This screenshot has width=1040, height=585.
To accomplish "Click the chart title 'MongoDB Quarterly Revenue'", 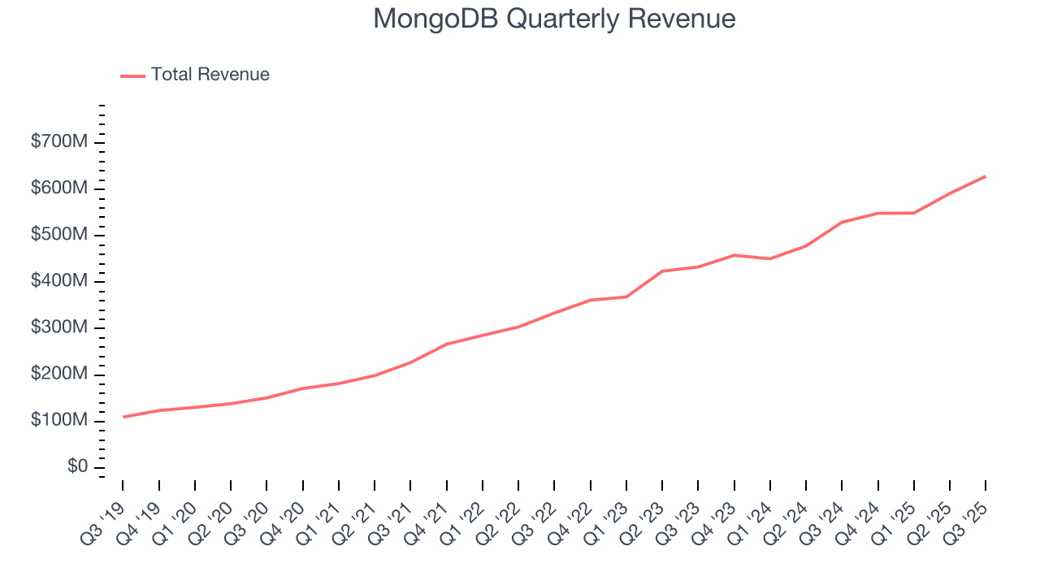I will (x=554, y=19).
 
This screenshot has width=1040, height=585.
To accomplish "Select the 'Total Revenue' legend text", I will (x=210, y=75).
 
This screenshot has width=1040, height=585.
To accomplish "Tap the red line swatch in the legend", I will (x=132, y=76).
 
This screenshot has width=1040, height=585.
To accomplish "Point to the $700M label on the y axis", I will (x=58, y=142).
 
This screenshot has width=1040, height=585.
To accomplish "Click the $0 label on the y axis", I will (x=77, y=466).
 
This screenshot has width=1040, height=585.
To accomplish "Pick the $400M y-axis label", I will (x=58, y=281).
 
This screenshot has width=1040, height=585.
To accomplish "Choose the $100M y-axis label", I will (x=58, y=420).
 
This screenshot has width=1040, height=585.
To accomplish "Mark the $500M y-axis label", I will (x=58, y=235).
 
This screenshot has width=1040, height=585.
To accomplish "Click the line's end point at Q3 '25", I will (x=986, y=176).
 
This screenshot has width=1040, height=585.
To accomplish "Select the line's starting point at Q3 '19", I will (x=123, y=417).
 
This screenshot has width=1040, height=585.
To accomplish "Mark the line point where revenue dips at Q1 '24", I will (x=769, y=258).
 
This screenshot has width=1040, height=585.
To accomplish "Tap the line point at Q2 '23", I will (x=662, y=271).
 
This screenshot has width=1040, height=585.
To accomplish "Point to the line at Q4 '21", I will (x=446, y=344).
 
